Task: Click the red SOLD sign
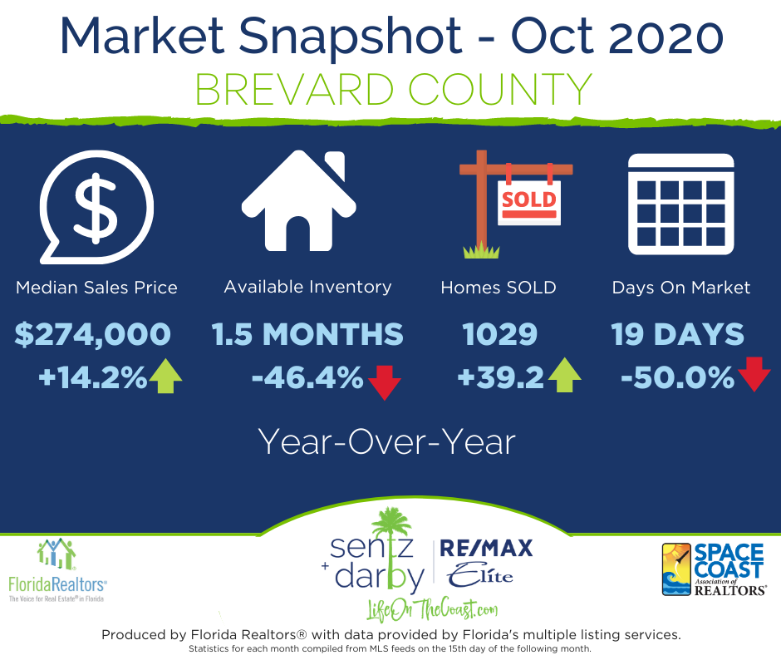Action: click(x=529, y=202)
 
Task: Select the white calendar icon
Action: click(x=681, y=204)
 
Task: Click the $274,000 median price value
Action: click(x=93, y=334)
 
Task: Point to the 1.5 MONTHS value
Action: click(x=307, y=334)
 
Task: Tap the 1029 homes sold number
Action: click(x=499, y=334)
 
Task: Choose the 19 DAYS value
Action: click(x=677, y=334)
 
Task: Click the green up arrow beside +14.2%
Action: click(x=165, y=377)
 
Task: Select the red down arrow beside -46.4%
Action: click(x=385, y=382)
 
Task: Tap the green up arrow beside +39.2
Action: click(x=564, y=375)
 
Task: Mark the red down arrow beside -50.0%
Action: click(x=754, y=374)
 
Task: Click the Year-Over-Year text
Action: click(x=386, y=442)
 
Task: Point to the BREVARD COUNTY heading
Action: click(x=394, y=90)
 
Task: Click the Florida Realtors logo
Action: click(x=57, y=570)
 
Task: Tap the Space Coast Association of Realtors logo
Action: click(x=715, y=569)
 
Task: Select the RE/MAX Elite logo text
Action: click(x=486, y=563)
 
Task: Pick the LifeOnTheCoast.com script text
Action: click(x=432, y=609)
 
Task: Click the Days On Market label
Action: click(x=681, y=288)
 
